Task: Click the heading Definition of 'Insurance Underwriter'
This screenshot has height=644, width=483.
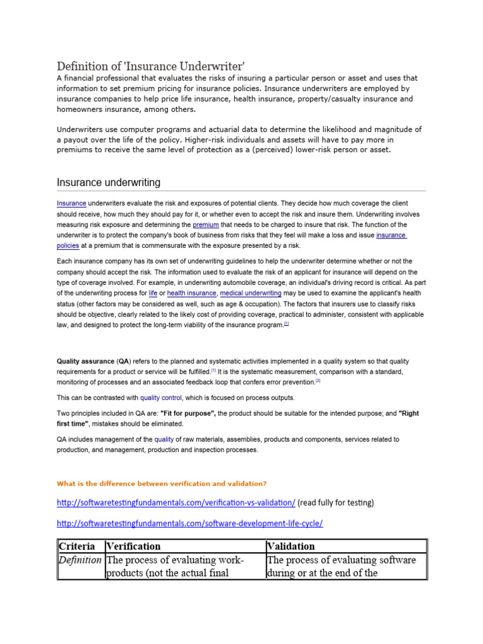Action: [x=150, y=66]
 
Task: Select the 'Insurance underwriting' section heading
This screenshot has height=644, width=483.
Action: [x=108, y=182]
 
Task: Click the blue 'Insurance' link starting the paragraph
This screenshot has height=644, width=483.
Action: [x=71, y=204]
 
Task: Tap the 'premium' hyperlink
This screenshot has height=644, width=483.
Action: [x=206, y=225]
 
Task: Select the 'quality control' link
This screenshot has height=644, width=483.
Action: [x=161, y=397]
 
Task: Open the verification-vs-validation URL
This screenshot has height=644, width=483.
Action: [x=176, y=502]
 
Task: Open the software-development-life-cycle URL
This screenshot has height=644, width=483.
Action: [x=190, y=523]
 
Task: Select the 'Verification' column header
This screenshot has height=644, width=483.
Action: [x=133, y=546]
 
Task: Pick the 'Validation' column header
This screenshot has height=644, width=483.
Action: [x=291, y=546]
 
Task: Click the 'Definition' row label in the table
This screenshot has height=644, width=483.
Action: [x=80, y=560]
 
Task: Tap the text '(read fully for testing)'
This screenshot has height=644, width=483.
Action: [x=336, y=502]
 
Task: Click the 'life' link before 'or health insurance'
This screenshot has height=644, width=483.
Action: [x=153, y=294]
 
